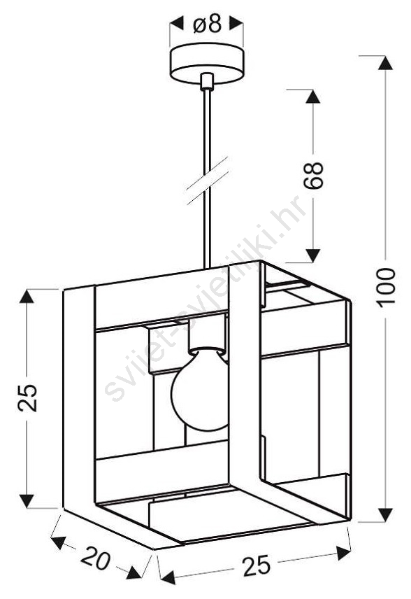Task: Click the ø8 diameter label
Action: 207,24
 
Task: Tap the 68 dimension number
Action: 313,176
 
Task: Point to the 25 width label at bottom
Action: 257,565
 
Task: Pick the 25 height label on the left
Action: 27,397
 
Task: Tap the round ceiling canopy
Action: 206,64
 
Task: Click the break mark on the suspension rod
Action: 206,180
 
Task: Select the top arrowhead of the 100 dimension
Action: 385,63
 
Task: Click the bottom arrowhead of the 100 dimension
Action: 385,514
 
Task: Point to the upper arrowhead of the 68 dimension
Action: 313,97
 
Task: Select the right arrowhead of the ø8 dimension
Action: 236,24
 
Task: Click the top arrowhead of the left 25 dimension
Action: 27,297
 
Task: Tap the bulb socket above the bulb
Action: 206,336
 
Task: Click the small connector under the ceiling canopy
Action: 206,81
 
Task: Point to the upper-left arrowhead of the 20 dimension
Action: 59,542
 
